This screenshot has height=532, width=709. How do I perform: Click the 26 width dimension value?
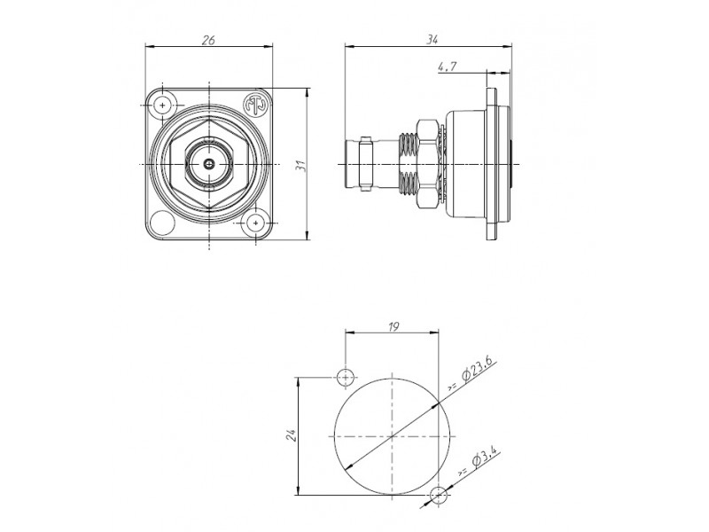(208, 40)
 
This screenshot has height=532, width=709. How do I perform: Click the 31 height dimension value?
(301, 166)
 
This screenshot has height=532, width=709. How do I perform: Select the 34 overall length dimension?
(432, 40)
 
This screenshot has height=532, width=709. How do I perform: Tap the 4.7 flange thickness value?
(448, 66)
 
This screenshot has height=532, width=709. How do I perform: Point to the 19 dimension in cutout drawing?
(393, 326)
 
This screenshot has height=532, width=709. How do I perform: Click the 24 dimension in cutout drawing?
(291, 435)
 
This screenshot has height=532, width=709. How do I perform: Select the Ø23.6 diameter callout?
(472, 375)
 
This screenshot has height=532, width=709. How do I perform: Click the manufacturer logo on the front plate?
(255, 105)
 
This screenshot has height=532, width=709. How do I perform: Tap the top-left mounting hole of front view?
(163, 105)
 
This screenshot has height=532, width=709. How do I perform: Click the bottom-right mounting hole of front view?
(256, 223)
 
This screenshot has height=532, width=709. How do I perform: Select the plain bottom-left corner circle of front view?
(162, 223)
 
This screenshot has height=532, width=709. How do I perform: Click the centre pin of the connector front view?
(209, 164)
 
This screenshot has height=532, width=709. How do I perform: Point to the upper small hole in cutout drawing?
(346, 378)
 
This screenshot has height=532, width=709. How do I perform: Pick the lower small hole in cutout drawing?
(438, 495)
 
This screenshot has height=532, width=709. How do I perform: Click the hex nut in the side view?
(429, 164)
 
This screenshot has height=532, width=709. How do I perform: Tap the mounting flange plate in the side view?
(492, 164)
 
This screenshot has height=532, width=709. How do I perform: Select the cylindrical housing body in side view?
(466, 164)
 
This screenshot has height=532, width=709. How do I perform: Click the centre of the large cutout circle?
(392, 436)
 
